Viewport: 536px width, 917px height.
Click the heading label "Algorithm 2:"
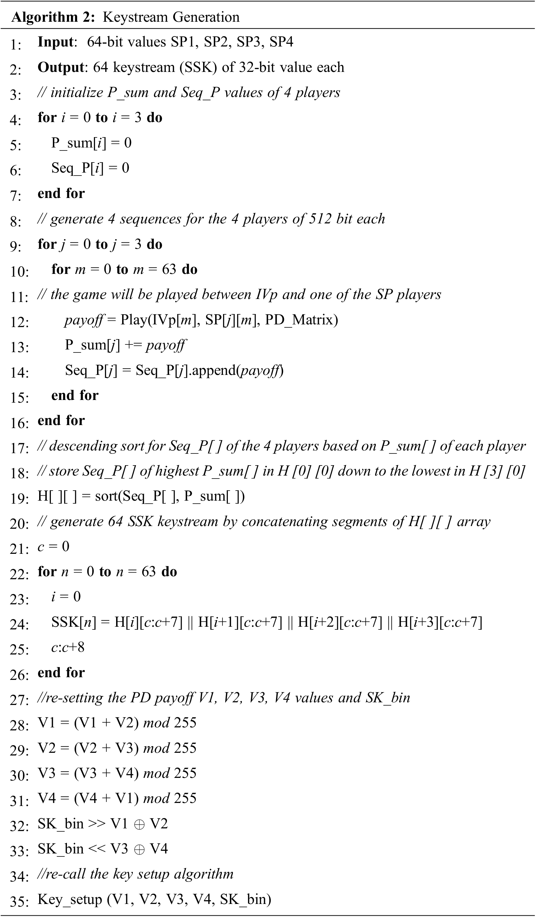coord(53,17)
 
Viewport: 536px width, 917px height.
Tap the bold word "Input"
coord(56,42)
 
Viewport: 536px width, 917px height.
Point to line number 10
coord(19,272)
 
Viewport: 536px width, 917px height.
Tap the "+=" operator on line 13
coord(133,345)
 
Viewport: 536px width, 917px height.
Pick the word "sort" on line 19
coord(106,496)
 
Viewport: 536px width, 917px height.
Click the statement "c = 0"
coord(54,546)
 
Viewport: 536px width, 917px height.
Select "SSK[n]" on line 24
coord(74,622)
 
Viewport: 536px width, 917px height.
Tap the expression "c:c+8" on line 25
coord(68,647)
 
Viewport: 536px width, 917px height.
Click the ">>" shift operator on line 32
coord(97,824)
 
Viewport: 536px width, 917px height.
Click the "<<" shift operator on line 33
coord(97,849)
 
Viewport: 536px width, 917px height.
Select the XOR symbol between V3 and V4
coord(139,850)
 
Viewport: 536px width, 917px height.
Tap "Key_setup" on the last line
coord(70,900)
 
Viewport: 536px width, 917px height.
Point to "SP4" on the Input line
coord(281,42)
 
